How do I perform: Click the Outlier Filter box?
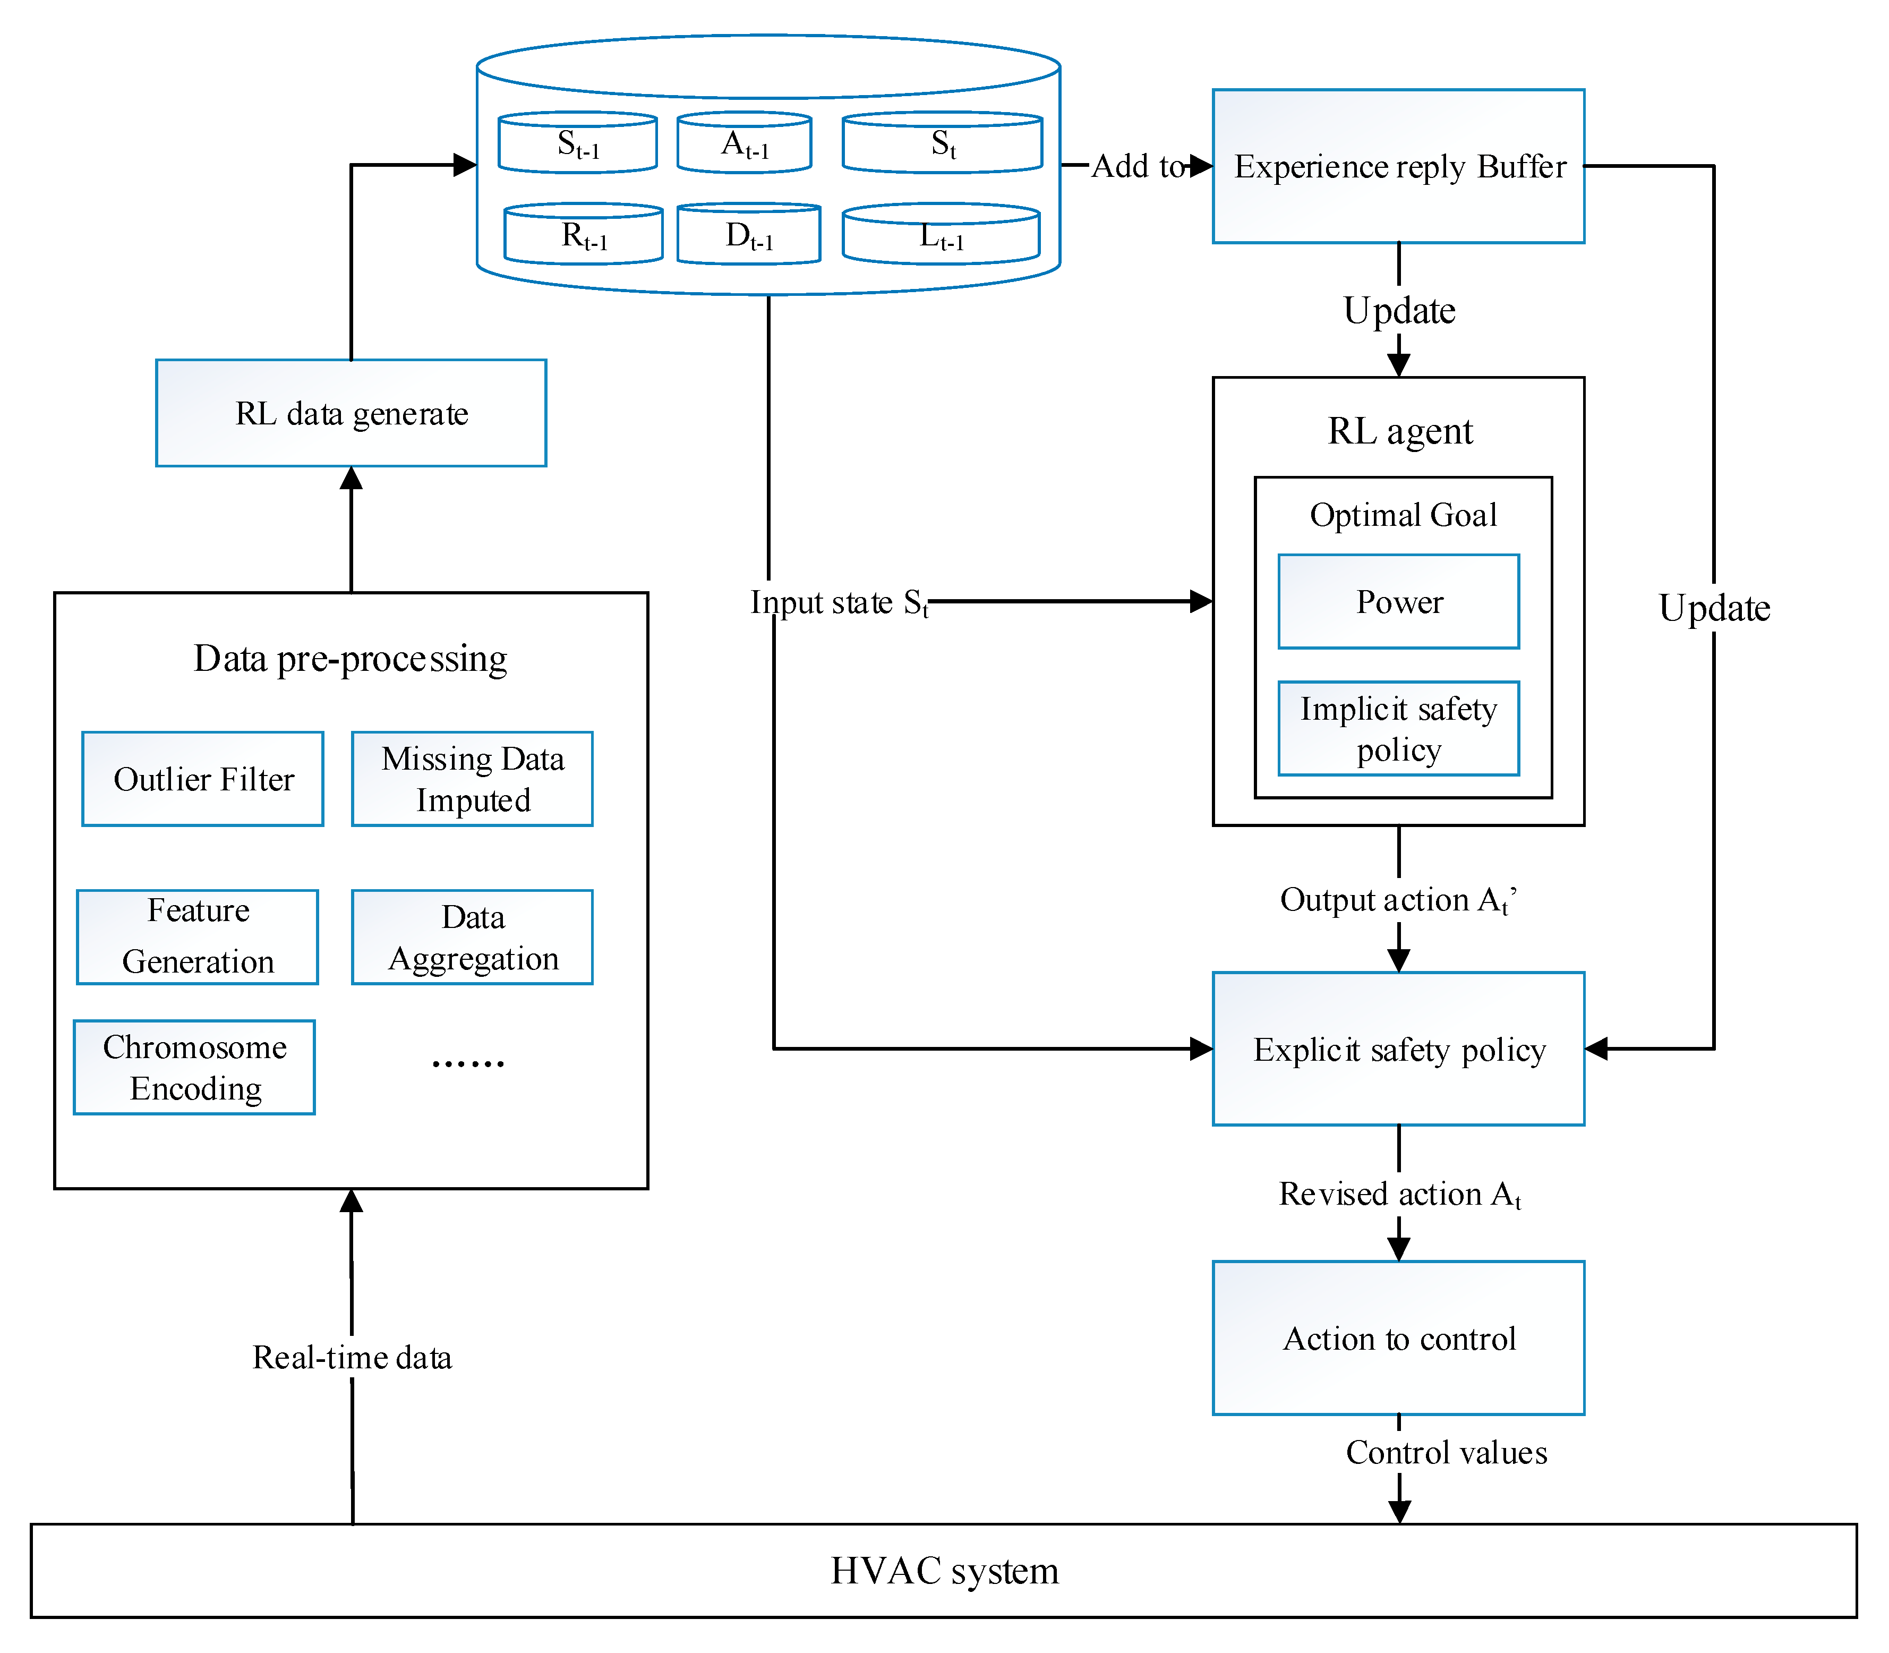[203, 779]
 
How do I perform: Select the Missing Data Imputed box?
[472, 779]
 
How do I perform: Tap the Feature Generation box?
[198, 936]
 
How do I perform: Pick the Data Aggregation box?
[472, 936]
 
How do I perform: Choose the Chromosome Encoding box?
[194, 1067]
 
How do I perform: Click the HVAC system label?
[944, 1570]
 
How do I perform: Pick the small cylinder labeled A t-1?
[745, 142]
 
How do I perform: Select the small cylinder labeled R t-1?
[584, 233]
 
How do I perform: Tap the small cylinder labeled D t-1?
[749, 233]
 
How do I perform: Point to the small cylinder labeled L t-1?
[942, 233]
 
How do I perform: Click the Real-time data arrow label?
[352, 1357]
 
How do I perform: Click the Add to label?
[1138, 166]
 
